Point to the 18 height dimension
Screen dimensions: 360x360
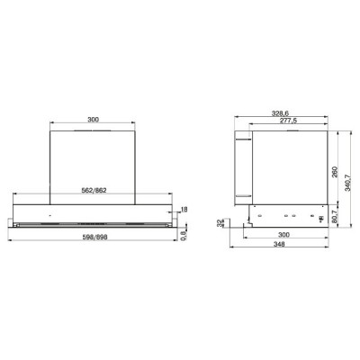pos(185,209)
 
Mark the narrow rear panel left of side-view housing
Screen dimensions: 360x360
pos(241,166)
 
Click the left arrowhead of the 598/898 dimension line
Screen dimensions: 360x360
pos(8,241)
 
